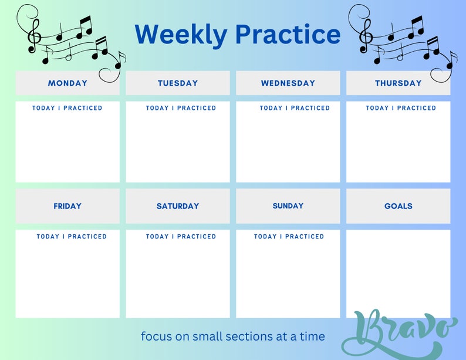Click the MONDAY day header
pyautogui.click(x=67, y=83)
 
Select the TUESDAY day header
pyautogui.click(x=178, y=83)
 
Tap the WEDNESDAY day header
pyautogui.click(x=288, y=83)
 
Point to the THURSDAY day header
pyautogui.click(x=398, y=83)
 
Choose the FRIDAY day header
pyautogui.click(x=67, y=206)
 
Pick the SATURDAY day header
pyautogui.click(x=178, y=206)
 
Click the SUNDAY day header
pyautogui.click(x=288, y=206)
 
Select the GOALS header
pyautogui.click(x=398, y=206)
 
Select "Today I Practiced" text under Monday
pyautogui.click(x=67, y=108)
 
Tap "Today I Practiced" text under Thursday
pyautogui.click(x=401, y=108)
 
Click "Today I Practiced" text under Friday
pyautogui.click(x=72, y=237)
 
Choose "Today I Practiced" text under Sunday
pyautogui.click(x=289, y=237)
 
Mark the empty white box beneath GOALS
pyautogui.click(x=398, y=273)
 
